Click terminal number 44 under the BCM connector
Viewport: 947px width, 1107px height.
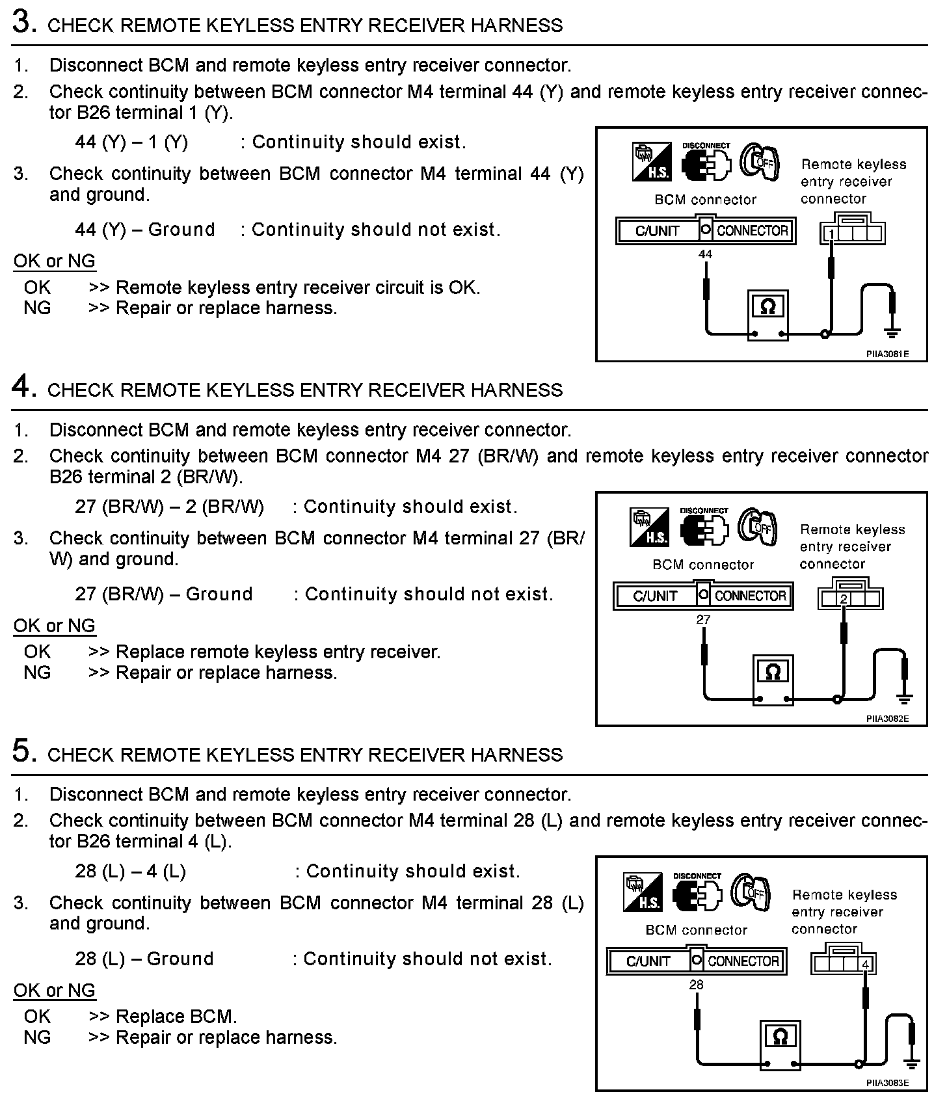pos(705,254)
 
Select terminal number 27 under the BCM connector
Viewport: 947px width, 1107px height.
pos(703,619)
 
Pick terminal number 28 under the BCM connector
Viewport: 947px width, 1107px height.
pos(696,985)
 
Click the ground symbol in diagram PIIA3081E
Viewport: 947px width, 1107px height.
pos(892,333)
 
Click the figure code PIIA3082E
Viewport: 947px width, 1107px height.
pos(887,719)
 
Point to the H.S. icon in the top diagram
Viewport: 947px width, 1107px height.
pos(652,162)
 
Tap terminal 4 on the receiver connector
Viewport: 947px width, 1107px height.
pos(866,964)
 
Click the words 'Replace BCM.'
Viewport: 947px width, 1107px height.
pos(176,1017)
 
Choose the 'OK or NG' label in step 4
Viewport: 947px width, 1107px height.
pos(55,626)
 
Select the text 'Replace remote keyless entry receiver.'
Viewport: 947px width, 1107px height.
pos(278,652)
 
